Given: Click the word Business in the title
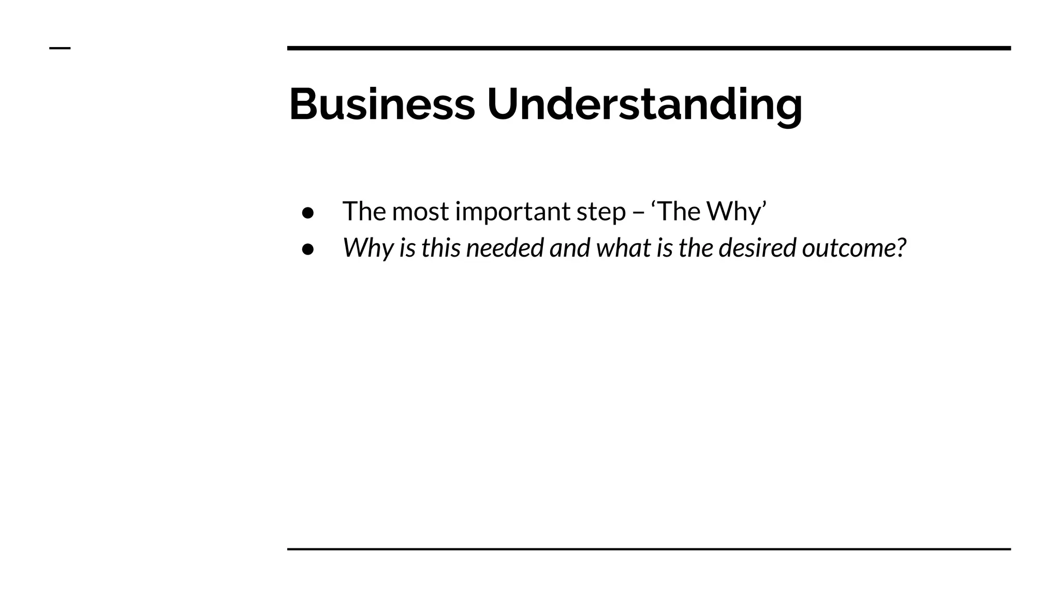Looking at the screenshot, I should tap(381, 105).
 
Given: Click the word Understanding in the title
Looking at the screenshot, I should tap(644, 105).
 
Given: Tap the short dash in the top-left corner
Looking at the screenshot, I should tap(60, 49).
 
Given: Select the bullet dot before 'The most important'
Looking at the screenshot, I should tap(308, 213).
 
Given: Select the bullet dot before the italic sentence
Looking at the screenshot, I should tap(308, 249).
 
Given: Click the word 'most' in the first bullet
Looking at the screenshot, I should tap(420, 212).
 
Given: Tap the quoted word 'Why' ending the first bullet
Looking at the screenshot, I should tap(734, 212).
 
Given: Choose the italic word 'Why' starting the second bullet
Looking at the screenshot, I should tap(367, 248).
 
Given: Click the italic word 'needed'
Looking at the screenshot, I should tap(505, 248).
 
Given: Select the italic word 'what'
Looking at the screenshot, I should tap(623, 248).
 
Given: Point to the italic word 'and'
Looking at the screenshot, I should tap(569, 248).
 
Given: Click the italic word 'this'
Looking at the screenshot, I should tap(440, 248).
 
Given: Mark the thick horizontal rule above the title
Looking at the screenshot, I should tap(649, 48).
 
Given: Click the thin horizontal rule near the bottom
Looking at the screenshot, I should tap(649, 549).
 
